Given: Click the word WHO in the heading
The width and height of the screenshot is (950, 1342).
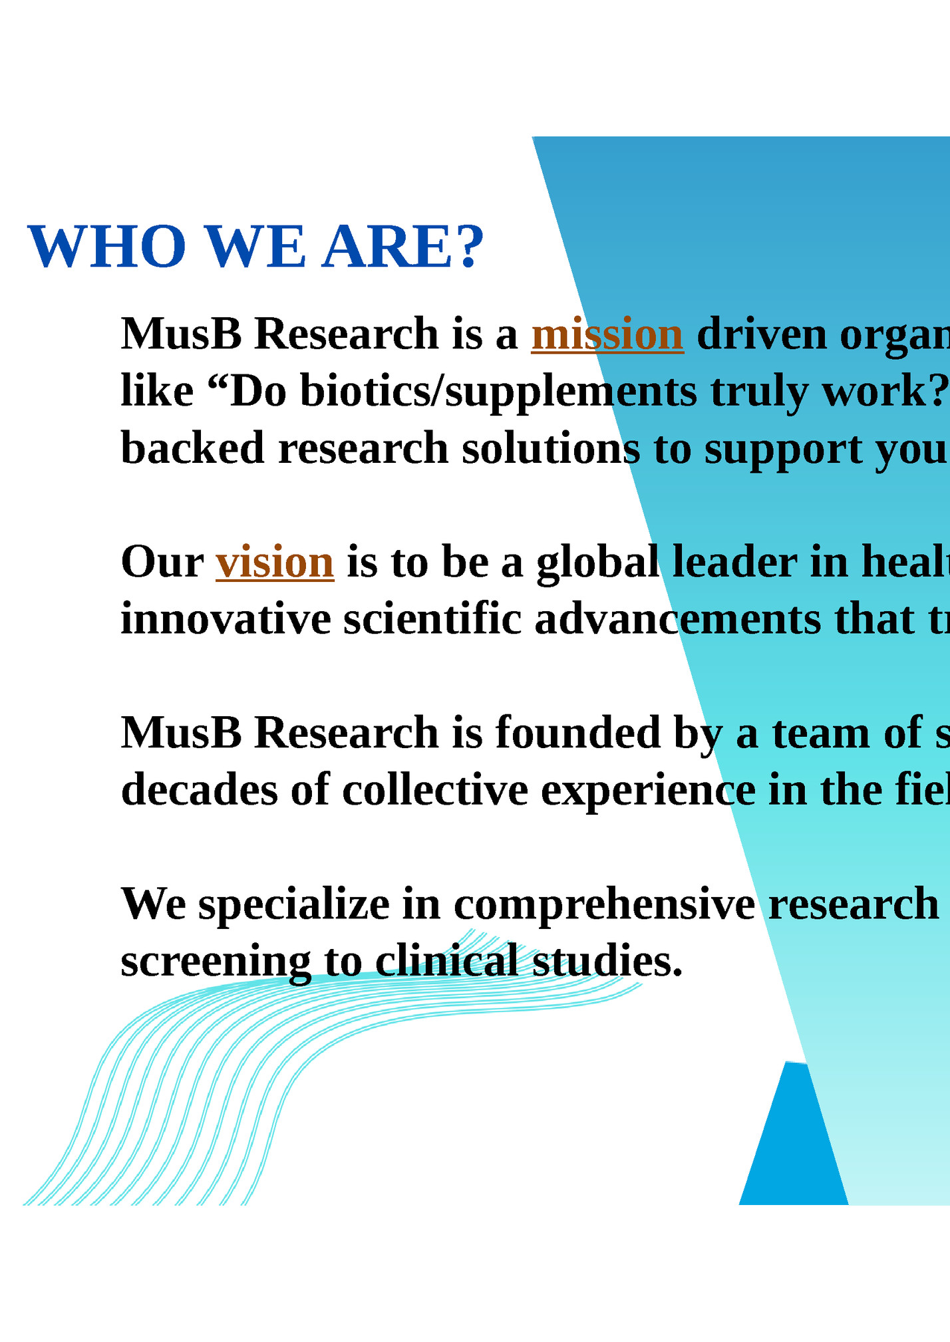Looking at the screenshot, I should pyautogui.click(x=106, y=247).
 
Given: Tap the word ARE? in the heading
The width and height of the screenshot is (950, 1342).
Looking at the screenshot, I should pyautogui.click(x=402, y=247).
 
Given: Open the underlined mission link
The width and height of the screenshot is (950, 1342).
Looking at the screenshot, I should pyautogui.click(x=607, y=334).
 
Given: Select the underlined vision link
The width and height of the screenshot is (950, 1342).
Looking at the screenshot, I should pyautogui.click(x=275, y=563).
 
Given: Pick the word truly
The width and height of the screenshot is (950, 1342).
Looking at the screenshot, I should pyautogui.click(x=760, y=391).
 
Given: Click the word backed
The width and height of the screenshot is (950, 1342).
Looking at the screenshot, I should pyautogui.click(x=192, y=448).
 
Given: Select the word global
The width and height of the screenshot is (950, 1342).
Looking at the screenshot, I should pyautogui.click(x=597, y=563).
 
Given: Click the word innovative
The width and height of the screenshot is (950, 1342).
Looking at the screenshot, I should pyautogui.click(x=226, y=620).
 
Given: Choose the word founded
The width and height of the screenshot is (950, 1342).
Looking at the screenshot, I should pyautogui.click(x=577, y=734).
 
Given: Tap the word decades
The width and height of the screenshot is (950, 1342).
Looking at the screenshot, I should pyautogui.click(x=199, y=791).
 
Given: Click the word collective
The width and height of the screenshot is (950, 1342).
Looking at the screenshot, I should pyautogui.click(x=435, y=791).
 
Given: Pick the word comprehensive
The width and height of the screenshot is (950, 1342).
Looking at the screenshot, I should pyautogui.click(x=604, y=905).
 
